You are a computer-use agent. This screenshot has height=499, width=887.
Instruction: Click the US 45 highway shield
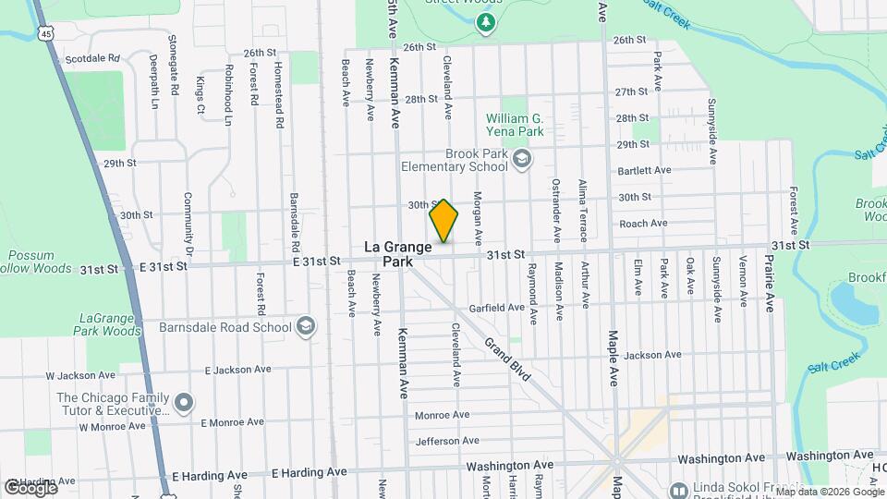pos(45,33)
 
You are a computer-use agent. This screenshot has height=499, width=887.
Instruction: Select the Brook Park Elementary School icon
pos(522,161)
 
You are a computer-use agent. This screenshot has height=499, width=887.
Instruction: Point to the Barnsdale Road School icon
pos(305,326)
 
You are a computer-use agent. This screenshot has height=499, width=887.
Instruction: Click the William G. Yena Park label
pos(514,125)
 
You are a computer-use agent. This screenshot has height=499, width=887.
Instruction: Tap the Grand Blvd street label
pos(506,356)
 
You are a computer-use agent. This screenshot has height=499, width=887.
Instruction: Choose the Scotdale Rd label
pos(93,58)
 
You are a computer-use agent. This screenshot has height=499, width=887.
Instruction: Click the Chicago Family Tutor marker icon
pos(183,402)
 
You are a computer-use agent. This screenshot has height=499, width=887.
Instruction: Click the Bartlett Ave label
pos(644,170)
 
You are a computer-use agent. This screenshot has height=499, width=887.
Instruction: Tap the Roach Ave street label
pos(643,223)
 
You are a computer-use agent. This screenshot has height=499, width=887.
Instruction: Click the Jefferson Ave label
pos(447,441)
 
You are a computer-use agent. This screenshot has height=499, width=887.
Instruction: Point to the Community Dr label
pos(188,224)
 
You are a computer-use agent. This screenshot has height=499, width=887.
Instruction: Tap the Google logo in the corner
pos(30,487)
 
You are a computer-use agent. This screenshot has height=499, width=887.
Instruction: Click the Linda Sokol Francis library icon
pos(678,489)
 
